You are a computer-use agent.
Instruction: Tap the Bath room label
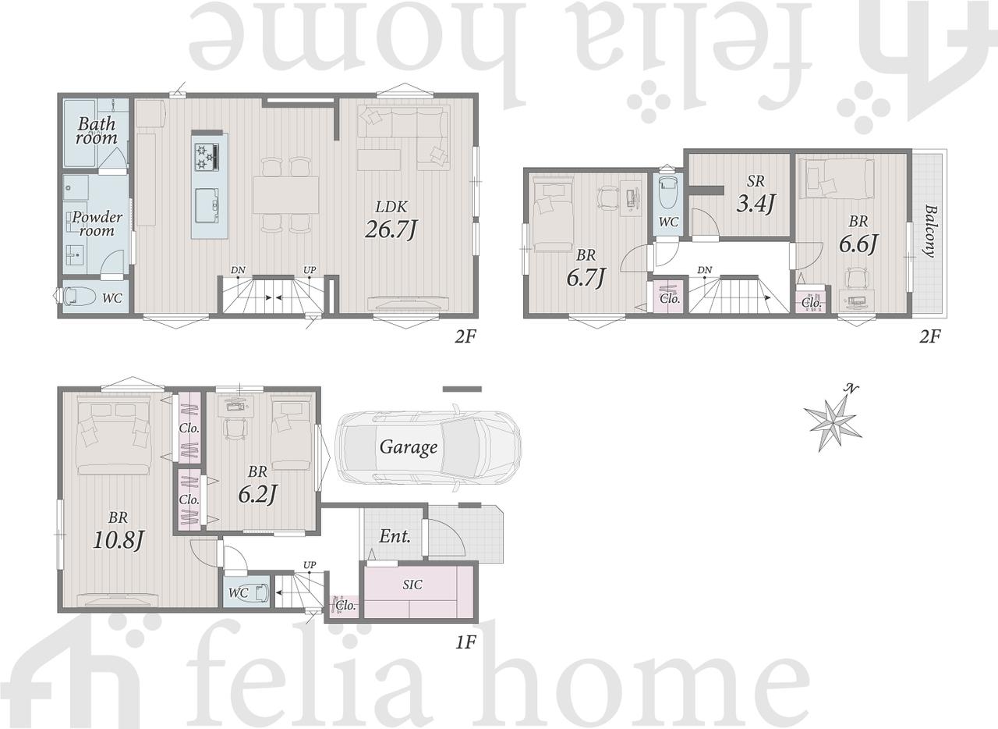click(x=97, y=130)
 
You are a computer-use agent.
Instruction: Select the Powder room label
click(x=97, y=224)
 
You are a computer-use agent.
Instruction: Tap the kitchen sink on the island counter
click(x=207, y=205)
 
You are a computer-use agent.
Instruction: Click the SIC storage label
click(x=412, y=585)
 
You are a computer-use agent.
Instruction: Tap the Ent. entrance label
click(x=395, y=536)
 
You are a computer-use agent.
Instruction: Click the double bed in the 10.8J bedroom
click(x=113, y=436)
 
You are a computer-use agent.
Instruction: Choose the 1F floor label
click(x=465, y=642)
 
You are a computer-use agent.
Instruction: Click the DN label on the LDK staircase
click(x=238, y=270)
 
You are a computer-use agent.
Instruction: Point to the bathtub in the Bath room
click(x=80, y=133)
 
